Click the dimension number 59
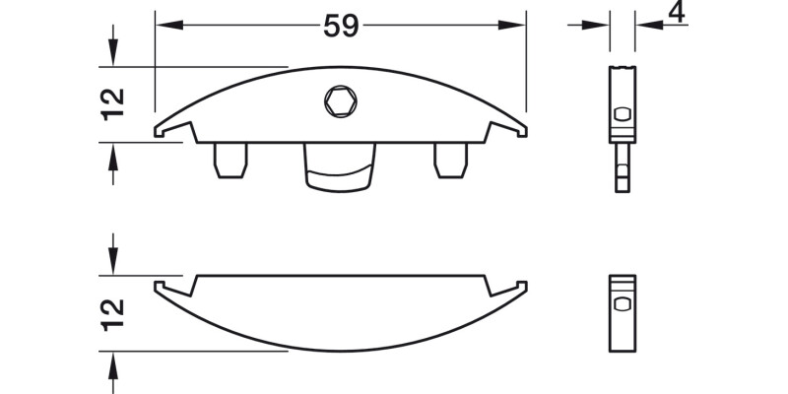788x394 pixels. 341,28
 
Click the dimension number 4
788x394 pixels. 676,13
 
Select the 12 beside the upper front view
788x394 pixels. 114,103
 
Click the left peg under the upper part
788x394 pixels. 229,161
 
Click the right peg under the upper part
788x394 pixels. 450,161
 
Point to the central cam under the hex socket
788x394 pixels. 340,165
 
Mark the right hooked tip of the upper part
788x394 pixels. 522,129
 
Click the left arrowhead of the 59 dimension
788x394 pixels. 164,26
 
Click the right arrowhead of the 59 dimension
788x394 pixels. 518,26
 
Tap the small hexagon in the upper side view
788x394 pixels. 621,114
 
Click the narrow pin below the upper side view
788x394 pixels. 621,173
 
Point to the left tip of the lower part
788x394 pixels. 159,287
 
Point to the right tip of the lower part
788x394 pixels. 523,287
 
